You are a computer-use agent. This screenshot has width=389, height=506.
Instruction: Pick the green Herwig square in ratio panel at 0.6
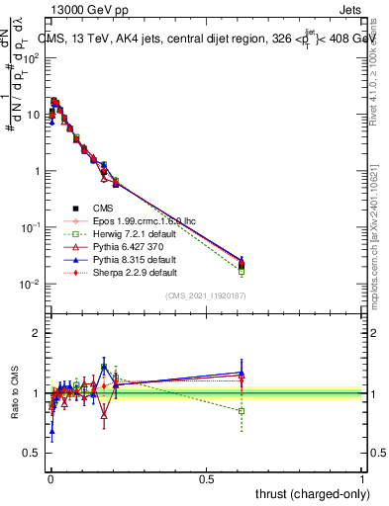pyautogui.click(x=241, y=410)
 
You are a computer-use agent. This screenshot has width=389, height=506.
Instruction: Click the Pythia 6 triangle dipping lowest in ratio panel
pyautogui.click(x=104, y=416)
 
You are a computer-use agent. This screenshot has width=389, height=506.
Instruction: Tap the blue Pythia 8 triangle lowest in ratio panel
pyautogui.click(x=51, y=431)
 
